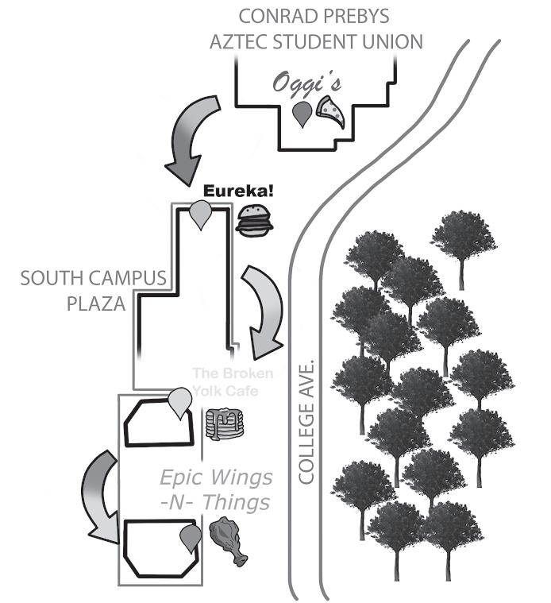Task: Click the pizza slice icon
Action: tap(330, 111)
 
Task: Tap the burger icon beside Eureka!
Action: tap(254, 221)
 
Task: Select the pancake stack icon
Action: tap(225, 424)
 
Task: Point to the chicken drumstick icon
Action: tap(228, 542)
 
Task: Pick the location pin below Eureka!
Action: tap(201, 215)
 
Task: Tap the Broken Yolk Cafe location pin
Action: tap(180, 403)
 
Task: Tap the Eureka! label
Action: tap(238, 191)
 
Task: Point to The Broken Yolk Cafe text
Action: tap(233, 382)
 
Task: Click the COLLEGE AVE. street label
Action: tap(306, 422)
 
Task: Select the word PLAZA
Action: tap(96, 303)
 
